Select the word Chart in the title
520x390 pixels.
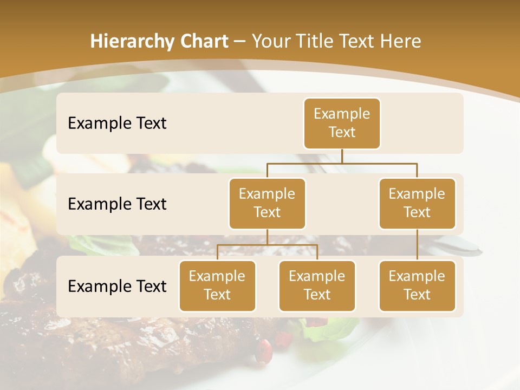click(x=203, y=42)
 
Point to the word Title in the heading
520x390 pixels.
click(x=321, y=42)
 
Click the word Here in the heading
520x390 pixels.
click(x=400, y=42)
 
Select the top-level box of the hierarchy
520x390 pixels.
click(x=342, y=123)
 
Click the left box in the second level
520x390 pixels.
click(x=267, y=203)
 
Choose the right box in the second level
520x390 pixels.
click(x=417, y=203)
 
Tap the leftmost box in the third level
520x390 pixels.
click(x=217, y=285)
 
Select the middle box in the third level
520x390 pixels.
click(x=317, y=285)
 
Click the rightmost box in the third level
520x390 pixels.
click(x=417, y=285)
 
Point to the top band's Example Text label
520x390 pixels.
click(x=117, y=123)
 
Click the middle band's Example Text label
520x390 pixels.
click(x=117, y=204)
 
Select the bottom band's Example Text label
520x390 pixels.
click(x=117, y=286)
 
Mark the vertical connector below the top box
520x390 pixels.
click(x=342, y=156)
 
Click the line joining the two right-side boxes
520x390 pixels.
click(x=417, y=245)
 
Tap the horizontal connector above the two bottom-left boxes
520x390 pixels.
click(x=267, y=245)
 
